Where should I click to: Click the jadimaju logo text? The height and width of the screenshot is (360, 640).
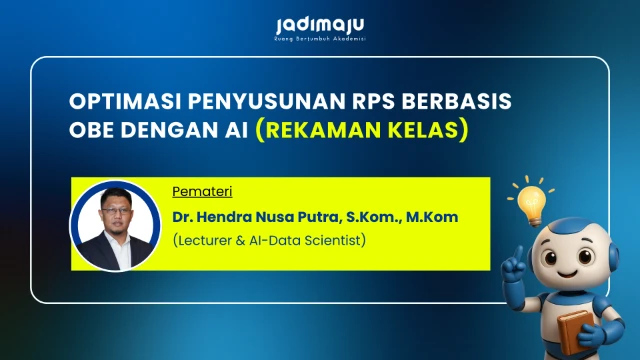320,23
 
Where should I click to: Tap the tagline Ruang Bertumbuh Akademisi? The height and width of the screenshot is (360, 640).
320,39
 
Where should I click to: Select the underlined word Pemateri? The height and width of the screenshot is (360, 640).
194,191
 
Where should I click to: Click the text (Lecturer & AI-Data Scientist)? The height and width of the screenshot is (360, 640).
269,241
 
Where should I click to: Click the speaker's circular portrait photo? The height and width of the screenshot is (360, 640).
115,225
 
